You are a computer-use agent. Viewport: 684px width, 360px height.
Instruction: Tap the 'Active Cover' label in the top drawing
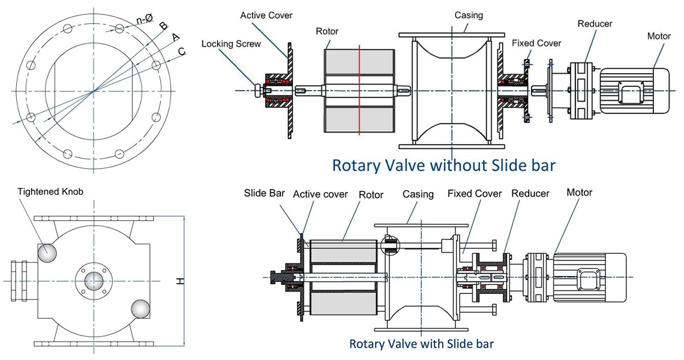pyautogui.click(x=266, y=15)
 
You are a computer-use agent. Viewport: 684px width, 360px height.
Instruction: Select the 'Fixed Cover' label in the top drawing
pyautogui.click(x=536, y=43)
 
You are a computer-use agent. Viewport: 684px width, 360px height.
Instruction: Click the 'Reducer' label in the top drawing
pyautogui.click(x=595, y=24)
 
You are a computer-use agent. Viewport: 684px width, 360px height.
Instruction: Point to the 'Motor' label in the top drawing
pyautogui.click(x=658, y=36)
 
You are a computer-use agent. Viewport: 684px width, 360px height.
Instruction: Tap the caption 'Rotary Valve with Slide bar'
pyautogui.click(x=421, y=344)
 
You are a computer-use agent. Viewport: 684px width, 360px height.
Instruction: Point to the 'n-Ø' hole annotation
pyautogui.click(x=143, y=19)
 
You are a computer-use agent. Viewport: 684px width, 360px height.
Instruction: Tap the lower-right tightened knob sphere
pyautogui.click(x=141, y=309)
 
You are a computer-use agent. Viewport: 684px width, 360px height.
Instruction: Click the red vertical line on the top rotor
pyautogui.click(x=359, y=91)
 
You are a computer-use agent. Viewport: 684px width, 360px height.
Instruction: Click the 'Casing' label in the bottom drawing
pyautogui.click(x=418, y=194)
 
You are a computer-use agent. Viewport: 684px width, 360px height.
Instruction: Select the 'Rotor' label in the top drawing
pyautogui.click(x=329, y=31)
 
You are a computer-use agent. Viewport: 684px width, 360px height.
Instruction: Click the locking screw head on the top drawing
pyautogui.click(x=259, y=91)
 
